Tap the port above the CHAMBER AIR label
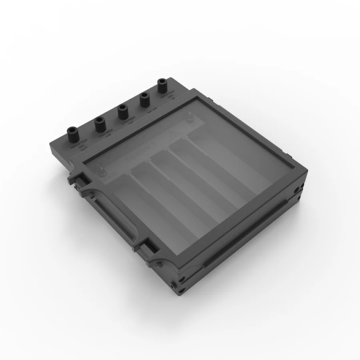[x=99, y=123]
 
